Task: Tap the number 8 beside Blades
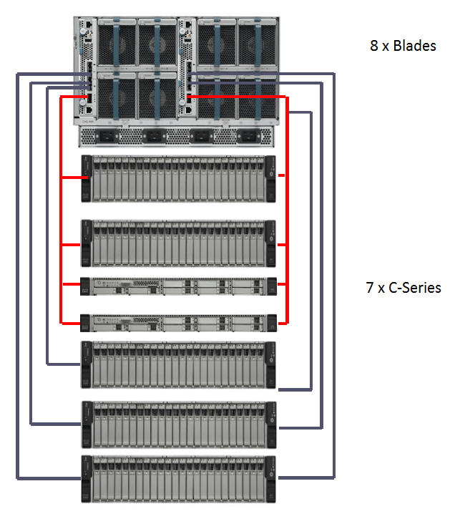click(374, 47)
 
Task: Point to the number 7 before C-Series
click(370, 288)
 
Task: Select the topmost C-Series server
click(178, 178)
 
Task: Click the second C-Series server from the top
click(178, 243)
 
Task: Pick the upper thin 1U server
click(178, 286)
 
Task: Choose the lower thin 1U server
click(178, 322)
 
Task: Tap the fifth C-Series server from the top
click(178, 366)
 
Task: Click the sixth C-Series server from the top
click(178, 425)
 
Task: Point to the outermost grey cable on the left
click(16, 286)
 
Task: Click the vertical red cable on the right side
click(287, 215)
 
